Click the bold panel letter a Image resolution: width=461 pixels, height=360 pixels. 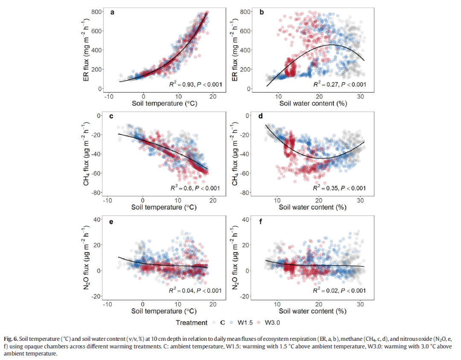point(112,12)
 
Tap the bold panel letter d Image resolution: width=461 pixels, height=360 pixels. point(262,117)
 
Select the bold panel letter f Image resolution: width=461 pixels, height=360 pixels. point(261,222)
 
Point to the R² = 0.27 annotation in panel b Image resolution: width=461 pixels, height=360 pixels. point(339,84)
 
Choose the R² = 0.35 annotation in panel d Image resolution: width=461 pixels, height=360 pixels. point(339,188)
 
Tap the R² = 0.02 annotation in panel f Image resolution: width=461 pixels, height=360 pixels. point(339,291)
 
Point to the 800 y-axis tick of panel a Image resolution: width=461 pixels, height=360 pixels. point(96,12)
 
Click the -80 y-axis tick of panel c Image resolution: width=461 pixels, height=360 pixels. point(96,192)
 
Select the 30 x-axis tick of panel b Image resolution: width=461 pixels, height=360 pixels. point(361,96)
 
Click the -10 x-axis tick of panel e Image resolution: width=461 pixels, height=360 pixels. point(108,305)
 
